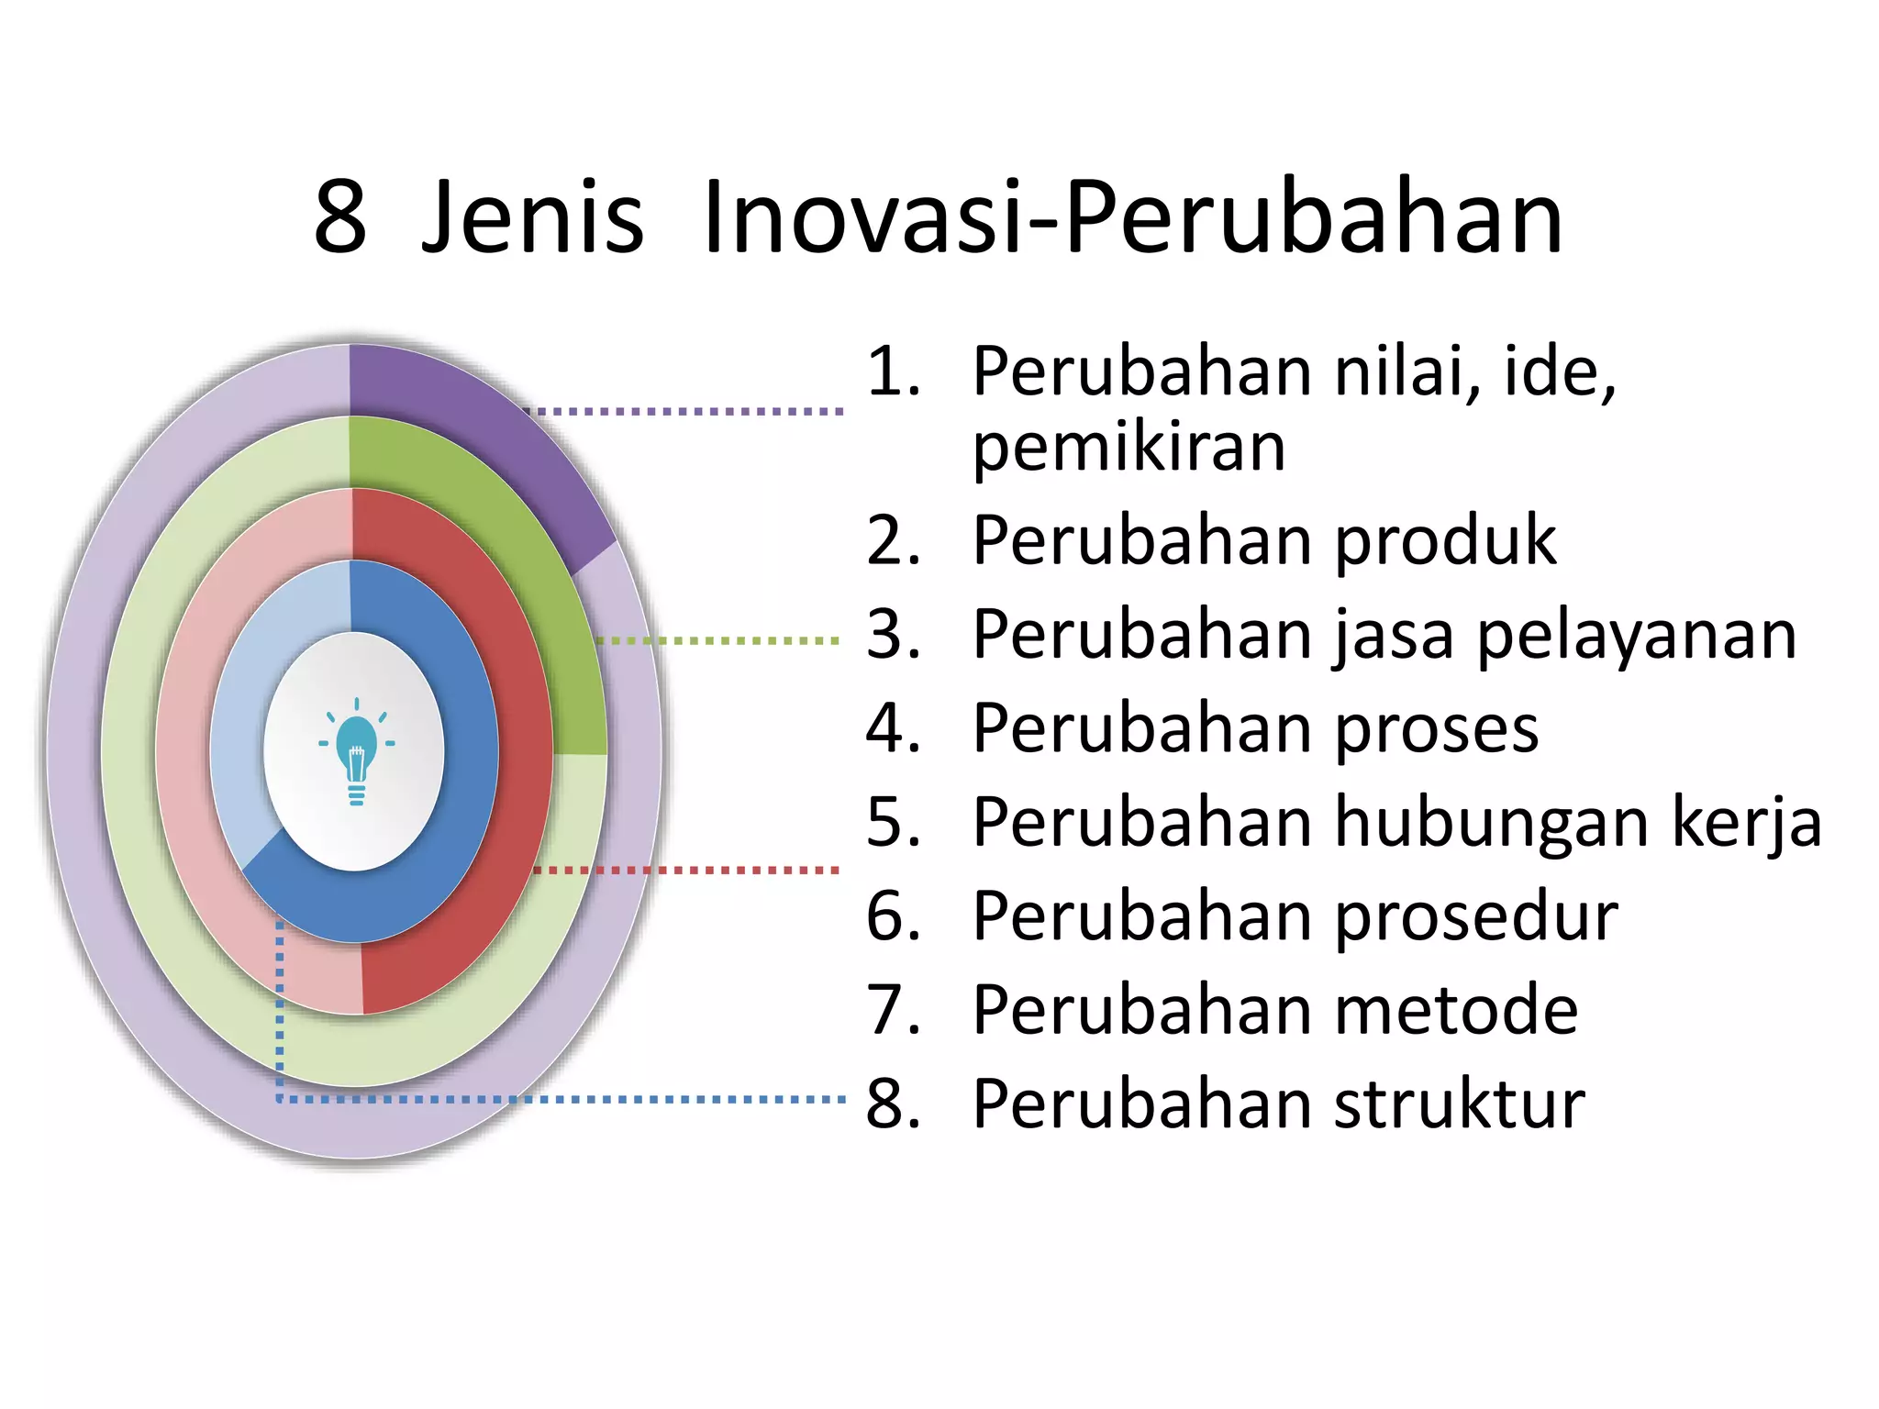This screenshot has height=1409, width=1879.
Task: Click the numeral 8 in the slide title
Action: click(340, 217)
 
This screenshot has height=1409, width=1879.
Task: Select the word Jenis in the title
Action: click(532, 217)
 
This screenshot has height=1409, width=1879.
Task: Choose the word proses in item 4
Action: click(1436, 729)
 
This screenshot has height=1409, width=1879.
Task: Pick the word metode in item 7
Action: click(1456, 1010)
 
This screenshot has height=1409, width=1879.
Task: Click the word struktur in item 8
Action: click(1459, 1104)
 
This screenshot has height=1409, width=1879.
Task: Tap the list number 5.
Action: click(893, 822)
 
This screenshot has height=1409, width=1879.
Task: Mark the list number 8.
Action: click(893, 1104)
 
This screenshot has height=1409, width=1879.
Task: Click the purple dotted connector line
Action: click(688, 412)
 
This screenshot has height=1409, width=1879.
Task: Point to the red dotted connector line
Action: click(688, 870)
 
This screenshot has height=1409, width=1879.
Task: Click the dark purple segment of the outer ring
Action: click(477, 431)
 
